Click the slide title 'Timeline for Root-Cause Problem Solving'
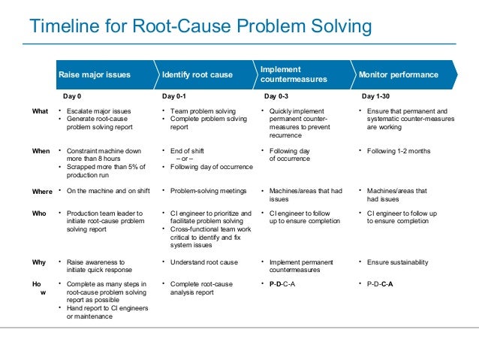pyautogui.click(x=200, y=27)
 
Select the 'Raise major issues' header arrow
pyautogui.click(x=95, y=75)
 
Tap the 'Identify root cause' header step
pyautogui.click(x=197, y=75)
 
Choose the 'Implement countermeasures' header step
pyautogui.click(x=294, y=74)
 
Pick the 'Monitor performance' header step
pyautogui.click(x=399, y=75)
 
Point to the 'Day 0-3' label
pyautogui.click(x=278, y=96)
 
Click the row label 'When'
pyautogui.click(x=41, y=151)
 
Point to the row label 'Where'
pyautogui.click(x=42, y=191)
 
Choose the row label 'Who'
pyautogui.click(x=38, y=213)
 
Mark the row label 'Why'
pyautogui.click(x=38, y=262)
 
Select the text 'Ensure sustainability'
pyautogui.click(x=397, y=262)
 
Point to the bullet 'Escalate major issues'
pyautogui.click(x=98, y=111)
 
